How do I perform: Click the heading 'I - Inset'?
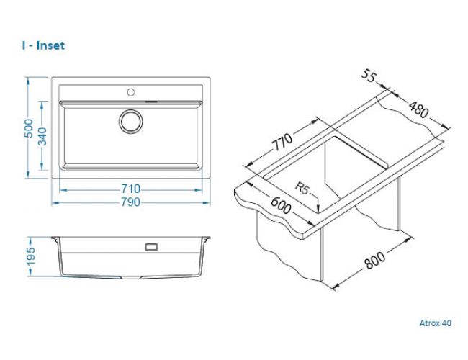coord(44,45)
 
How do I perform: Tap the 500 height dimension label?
coord(29,128)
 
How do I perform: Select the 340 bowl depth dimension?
coord(42,136)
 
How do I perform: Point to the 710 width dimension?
coord(130,189)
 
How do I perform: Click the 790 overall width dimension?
coord(130,202)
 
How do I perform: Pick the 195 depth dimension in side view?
coord(31,256)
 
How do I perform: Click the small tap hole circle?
coord(131,92)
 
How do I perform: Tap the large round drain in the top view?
coord(131,122)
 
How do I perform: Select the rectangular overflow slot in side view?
coord(151,247)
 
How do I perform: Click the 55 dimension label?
coord(368,76)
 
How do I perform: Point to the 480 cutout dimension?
coord(418,109)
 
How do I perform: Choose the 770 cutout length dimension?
coord(282,142)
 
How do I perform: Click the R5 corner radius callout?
coord(302,188)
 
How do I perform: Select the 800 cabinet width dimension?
coord(375,261)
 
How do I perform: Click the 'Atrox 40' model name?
coord(436,323)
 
